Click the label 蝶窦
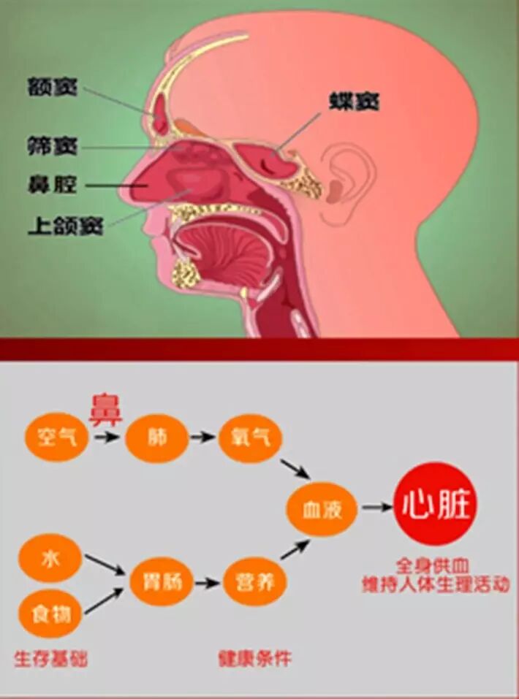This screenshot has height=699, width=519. tap(352, 102)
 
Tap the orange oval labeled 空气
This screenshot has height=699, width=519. tap(56, 438)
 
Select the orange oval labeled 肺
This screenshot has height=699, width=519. tap(157, 438)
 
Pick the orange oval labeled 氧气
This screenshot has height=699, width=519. tap(251, 438)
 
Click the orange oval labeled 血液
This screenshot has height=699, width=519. tap(322, 508)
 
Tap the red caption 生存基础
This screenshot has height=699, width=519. tap(51, 659)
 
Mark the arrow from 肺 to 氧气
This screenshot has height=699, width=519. tap(204, 438)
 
